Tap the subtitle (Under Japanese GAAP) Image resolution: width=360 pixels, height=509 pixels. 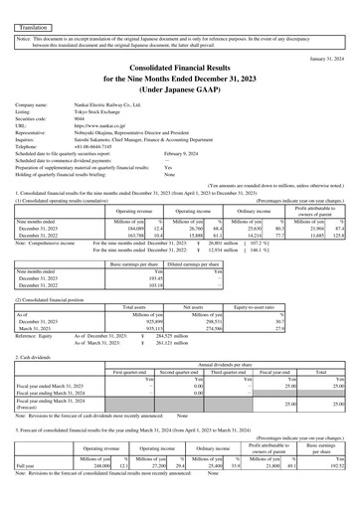[179, 102]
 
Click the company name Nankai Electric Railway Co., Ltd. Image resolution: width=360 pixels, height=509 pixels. [112, 131]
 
